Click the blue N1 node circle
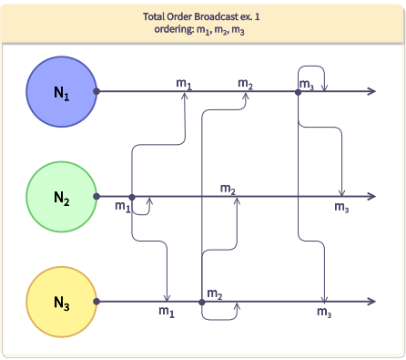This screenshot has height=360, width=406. (60, 91)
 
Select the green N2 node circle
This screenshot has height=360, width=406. (60, 196)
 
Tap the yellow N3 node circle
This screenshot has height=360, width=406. (60, 302)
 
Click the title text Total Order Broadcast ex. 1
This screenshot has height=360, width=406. (202, 16)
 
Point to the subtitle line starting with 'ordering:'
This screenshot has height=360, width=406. (202, 30)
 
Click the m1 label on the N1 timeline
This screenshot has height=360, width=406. (184, 84)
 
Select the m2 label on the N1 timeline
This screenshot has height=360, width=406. (246, 84)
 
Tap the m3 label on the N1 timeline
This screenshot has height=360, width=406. (307, 85)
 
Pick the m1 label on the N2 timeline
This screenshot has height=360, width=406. (122, 208)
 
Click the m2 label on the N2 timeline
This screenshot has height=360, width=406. (228, 189)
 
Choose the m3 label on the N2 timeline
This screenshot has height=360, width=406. (341, 208)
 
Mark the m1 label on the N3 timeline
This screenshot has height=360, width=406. (166, 313)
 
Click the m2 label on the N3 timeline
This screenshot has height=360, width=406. (215, 293)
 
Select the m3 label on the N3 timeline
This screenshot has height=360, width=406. (324, 313)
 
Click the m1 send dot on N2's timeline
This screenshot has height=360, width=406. (132, 197)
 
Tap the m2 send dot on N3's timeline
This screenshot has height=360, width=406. (201, 302)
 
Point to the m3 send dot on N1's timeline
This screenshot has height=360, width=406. (299, 91)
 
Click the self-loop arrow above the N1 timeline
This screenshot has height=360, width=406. (312, 67)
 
